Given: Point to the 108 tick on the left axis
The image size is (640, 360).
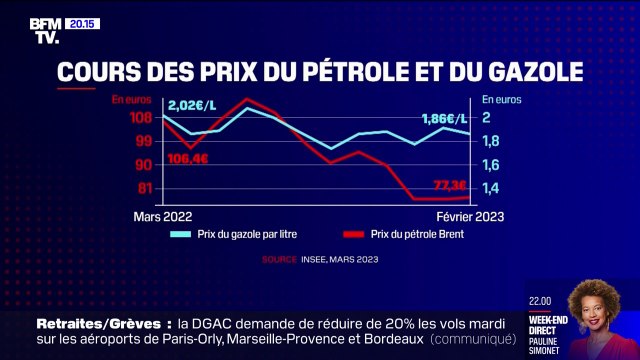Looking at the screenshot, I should coord(143,118).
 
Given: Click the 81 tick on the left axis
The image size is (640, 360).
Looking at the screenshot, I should coord(144,188).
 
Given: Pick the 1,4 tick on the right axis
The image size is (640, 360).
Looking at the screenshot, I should coord(491,188).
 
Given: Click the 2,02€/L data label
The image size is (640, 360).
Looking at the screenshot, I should coord(192,104).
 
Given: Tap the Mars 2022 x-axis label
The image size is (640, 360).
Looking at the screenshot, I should coord(162,216).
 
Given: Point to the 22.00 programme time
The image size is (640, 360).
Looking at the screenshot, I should coord(541,299).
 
